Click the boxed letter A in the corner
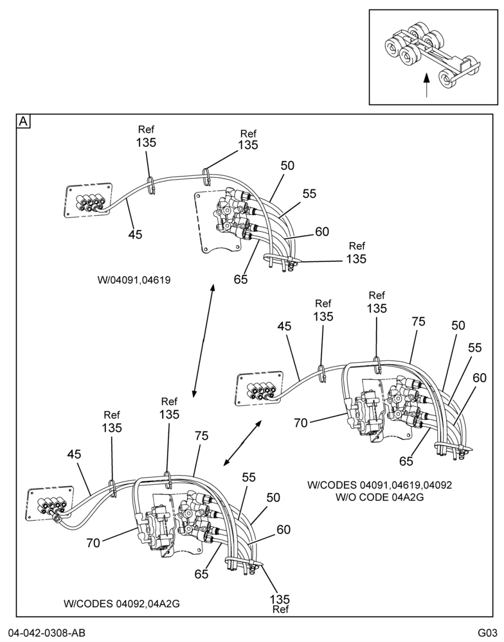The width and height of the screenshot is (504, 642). tap(24, 121)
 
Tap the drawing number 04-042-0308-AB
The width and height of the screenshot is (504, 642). tap(43, 632)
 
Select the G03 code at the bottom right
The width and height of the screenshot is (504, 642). tap(487, 632)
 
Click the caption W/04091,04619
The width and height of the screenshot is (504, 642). tap(134, 280)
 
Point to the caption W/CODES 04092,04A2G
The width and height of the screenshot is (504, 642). tap(122, 603)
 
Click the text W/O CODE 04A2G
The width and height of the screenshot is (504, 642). tap(379, 497)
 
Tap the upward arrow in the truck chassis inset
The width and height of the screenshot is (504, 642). tap(427, 85)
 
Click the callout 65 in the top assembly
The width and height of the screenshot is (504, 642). tap(240, 279)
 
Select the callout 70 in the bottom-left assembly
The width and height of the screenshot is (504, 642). tap(93, 543)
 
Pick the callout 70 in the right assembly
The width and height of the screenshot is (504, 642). tap(301, 423)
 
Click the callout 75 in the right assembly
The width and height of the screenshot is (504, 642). tap(419, 322)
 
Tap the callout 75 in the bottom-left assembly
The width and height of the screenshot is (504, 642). tap(201, 436)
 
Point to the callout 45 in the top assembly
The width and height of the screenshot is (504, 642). tap(135, 234)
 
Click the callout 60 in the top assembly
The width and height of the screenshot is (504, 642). tap(322, 232)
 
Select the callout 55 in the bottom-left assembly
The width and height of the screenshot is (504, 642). tap(249, 478)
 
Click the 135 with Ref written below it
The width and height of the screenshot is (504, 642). tap(280, 599)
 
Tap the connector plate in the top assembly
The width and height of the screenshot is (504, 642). tap(88, 200)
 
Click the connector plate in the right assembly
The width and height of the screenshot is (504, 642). tap(260, 390)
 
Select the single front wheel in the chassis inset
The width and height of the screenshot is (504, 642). tap(449, 78)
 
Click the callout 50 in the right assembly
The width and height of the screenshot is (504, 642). tap(458, 325)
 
